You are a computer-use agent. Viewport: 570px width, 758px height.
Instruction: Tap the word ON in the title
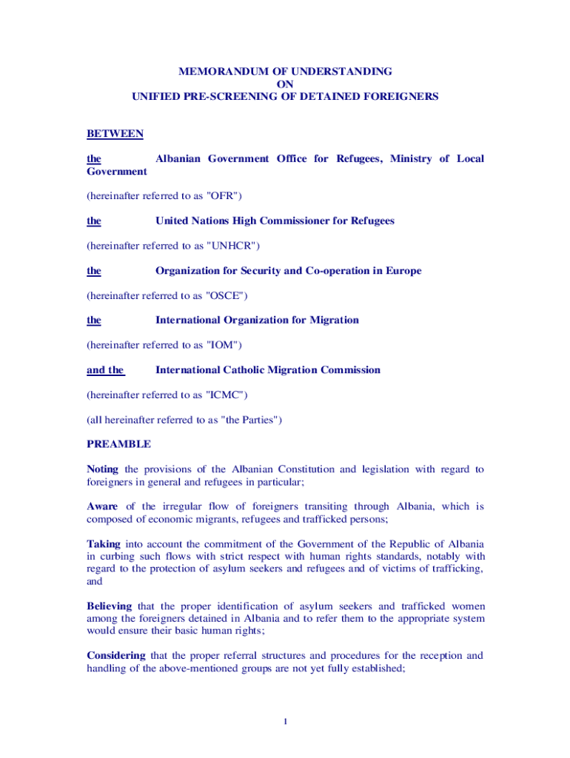(x=285, y=84)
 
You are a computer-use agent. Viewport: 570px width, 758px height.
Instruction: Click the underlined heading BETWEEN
(x=115, y=134)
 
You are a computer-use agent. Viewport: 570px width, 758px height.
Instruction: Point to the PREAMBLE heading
(x=118, y=444)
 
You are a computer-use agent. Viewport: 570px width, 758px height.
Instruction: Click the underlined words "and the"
(x=105, y=370)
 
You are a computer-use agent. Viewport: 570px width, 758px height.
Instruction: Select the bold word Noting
(x=102, y=469)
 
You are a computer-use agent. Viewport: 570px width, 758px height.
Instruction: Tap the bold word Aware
(x=102, y=506)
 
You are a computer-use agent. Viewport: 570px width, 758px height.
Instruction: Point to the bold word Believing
(x=109, y=606)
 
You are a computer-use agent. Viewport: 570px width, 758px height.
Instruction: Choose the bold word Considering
(x=116, y=655)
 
